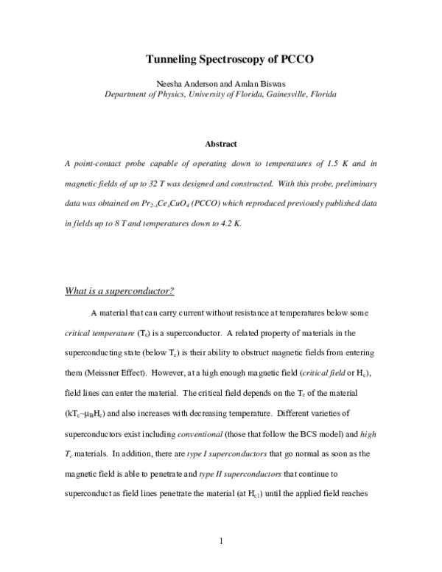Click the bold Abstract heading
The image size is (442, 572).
tap(220, 144)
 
